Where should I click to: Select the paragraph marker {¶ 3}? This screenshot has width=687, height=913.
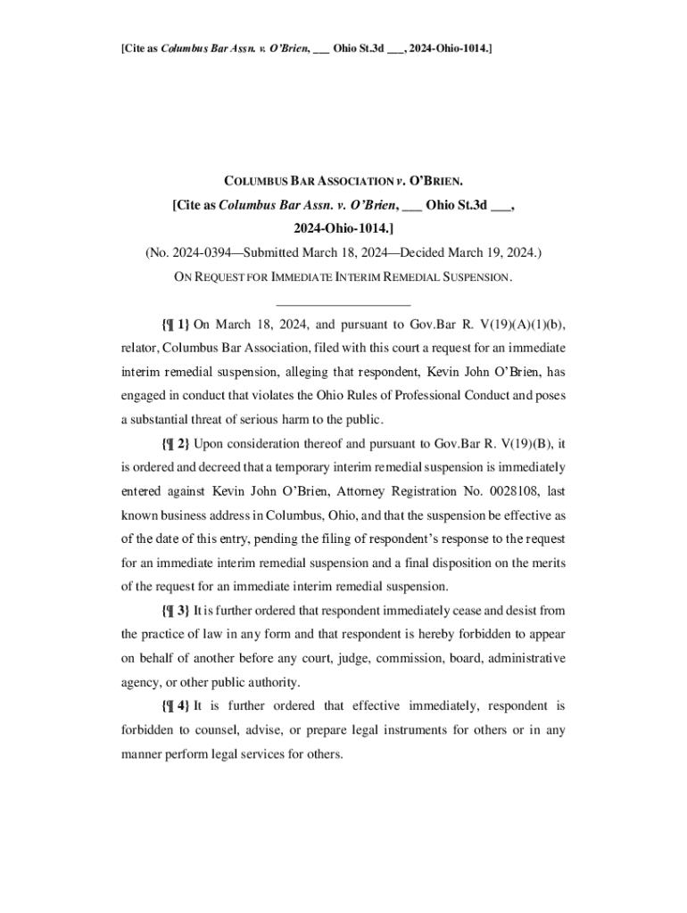point(176,611)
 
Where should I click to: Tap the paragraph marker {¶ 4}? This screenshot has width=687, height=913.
point(176,706)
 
